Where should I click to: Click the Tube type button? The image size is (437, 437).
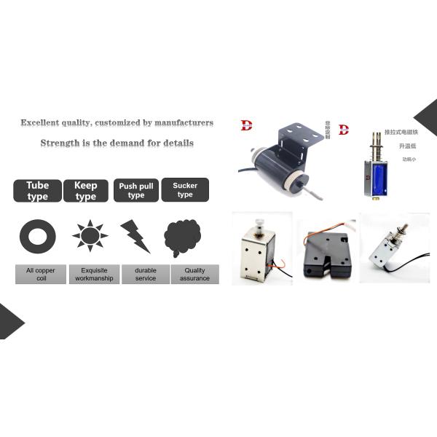tap(37, 191)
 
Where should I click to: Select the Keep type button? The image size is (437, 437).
tap(86, 191)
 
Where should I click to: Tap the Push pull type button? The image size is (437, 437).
tap(136, 191)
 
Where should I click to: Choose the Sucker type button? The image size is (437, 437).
tap(185, 190)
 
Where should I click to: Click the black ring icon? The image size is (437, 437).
tap(37, 236)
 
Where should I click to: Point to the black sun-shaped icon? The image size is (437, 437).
tap(90, 236)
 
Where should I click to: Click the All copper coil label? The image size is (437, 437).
tap(41, 275)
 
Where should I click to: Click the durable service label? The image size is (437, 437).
tap(145, 275)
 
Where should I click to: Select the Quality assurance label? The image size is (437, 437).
tap(194, 275)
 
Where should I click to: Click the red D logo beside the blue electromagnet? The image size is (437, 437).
tap(343, 130)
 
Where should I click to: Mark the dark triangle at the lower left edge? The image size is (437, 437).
tap(9, 321)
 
